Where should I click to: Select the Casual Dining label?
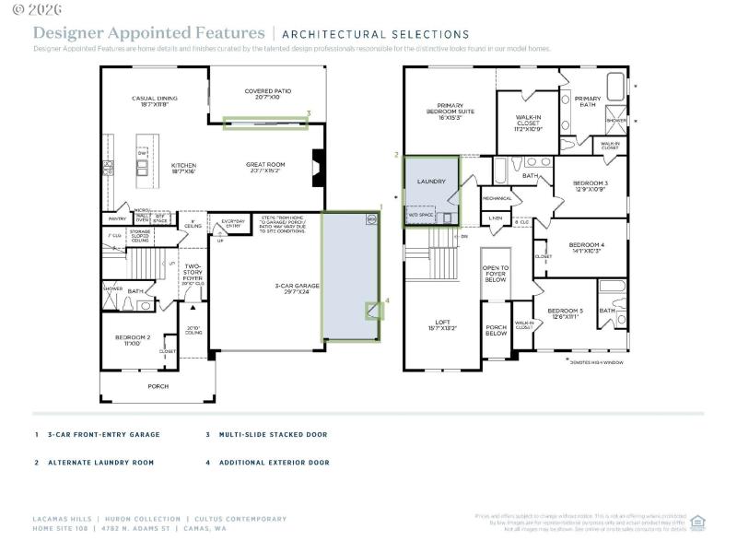[x=149, y=100]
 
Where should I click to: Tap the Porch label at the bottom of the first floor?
[x=158, y=386]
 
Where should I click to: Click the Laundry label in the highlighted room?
[x=431, y=182]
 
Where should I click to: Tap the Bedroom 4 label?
[x=588, y=246]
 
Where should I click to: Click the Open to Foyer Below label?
[x=496, y=273]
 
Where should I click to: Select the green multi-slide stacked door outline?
[x=266, y=123]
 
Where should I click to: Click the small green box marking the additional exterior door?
[x=374, y=312]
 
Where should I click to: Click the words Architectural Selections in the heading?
[x=375, y=34]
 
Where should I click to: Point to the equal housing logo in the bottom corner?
[x=697, y=522]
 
